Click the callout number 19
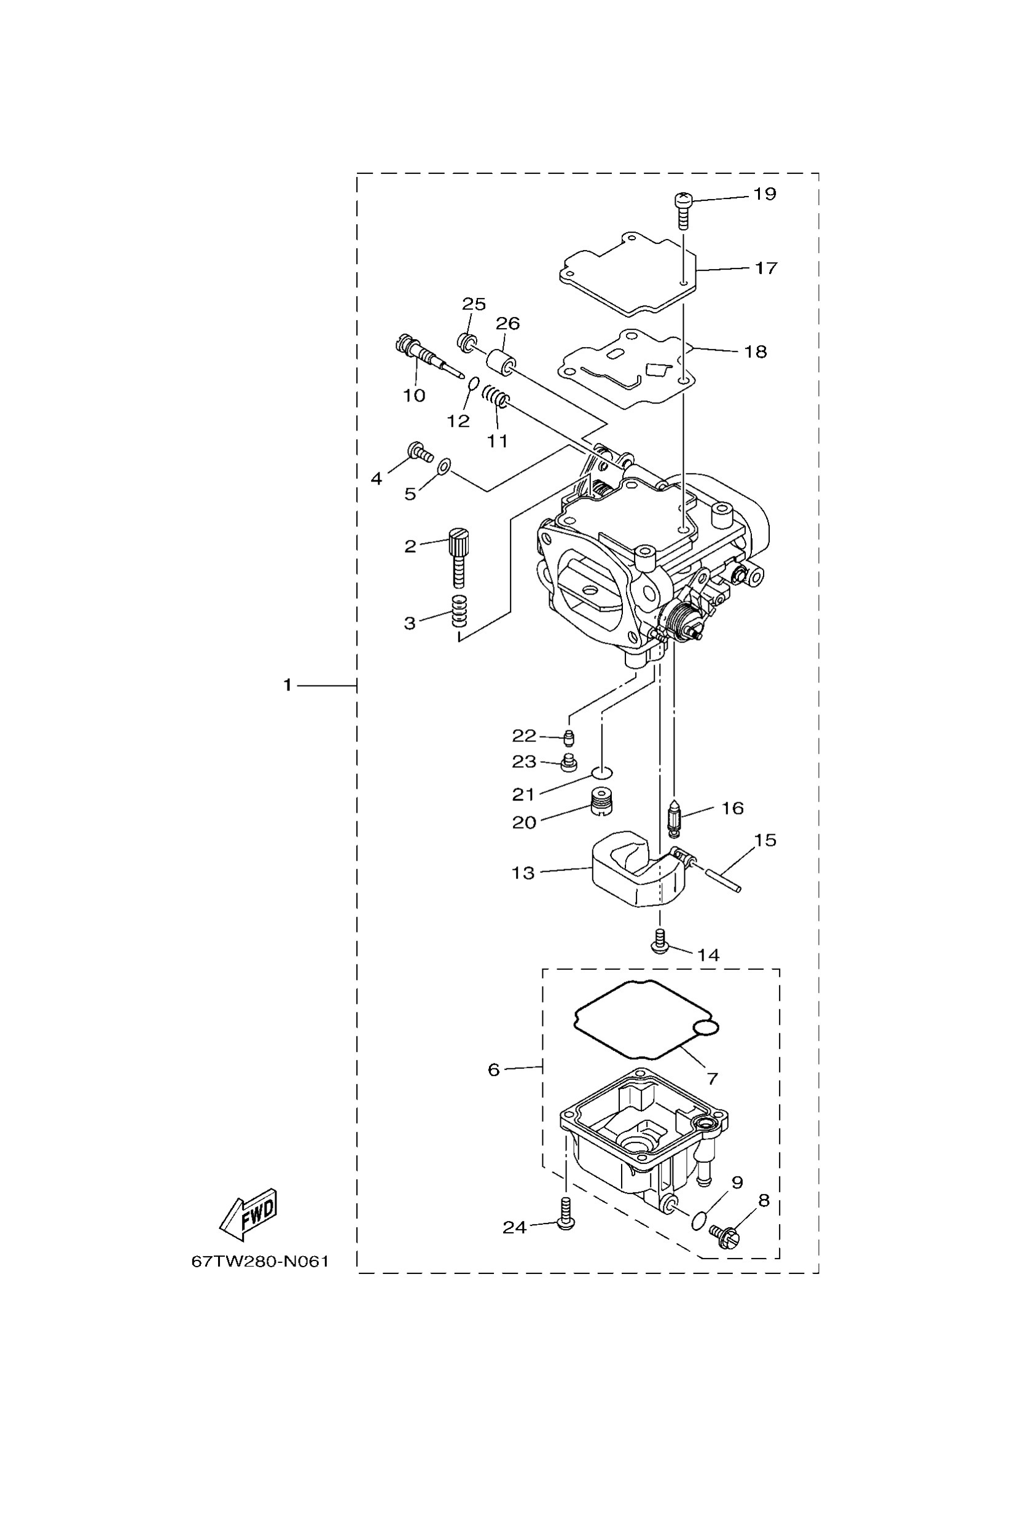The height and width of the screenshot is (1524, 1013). [764, 194]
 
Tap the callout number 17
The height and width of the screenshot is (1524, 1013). [766, 267]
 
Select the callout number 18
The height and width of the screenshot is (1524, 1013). [755, 351]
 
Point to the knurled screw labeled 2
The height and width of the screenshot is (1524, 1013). [458, 555]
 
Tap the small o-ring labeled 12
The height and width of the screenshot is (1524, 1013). [473, 385]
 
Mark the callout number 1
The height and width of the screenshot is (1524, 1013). [287, 685]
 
